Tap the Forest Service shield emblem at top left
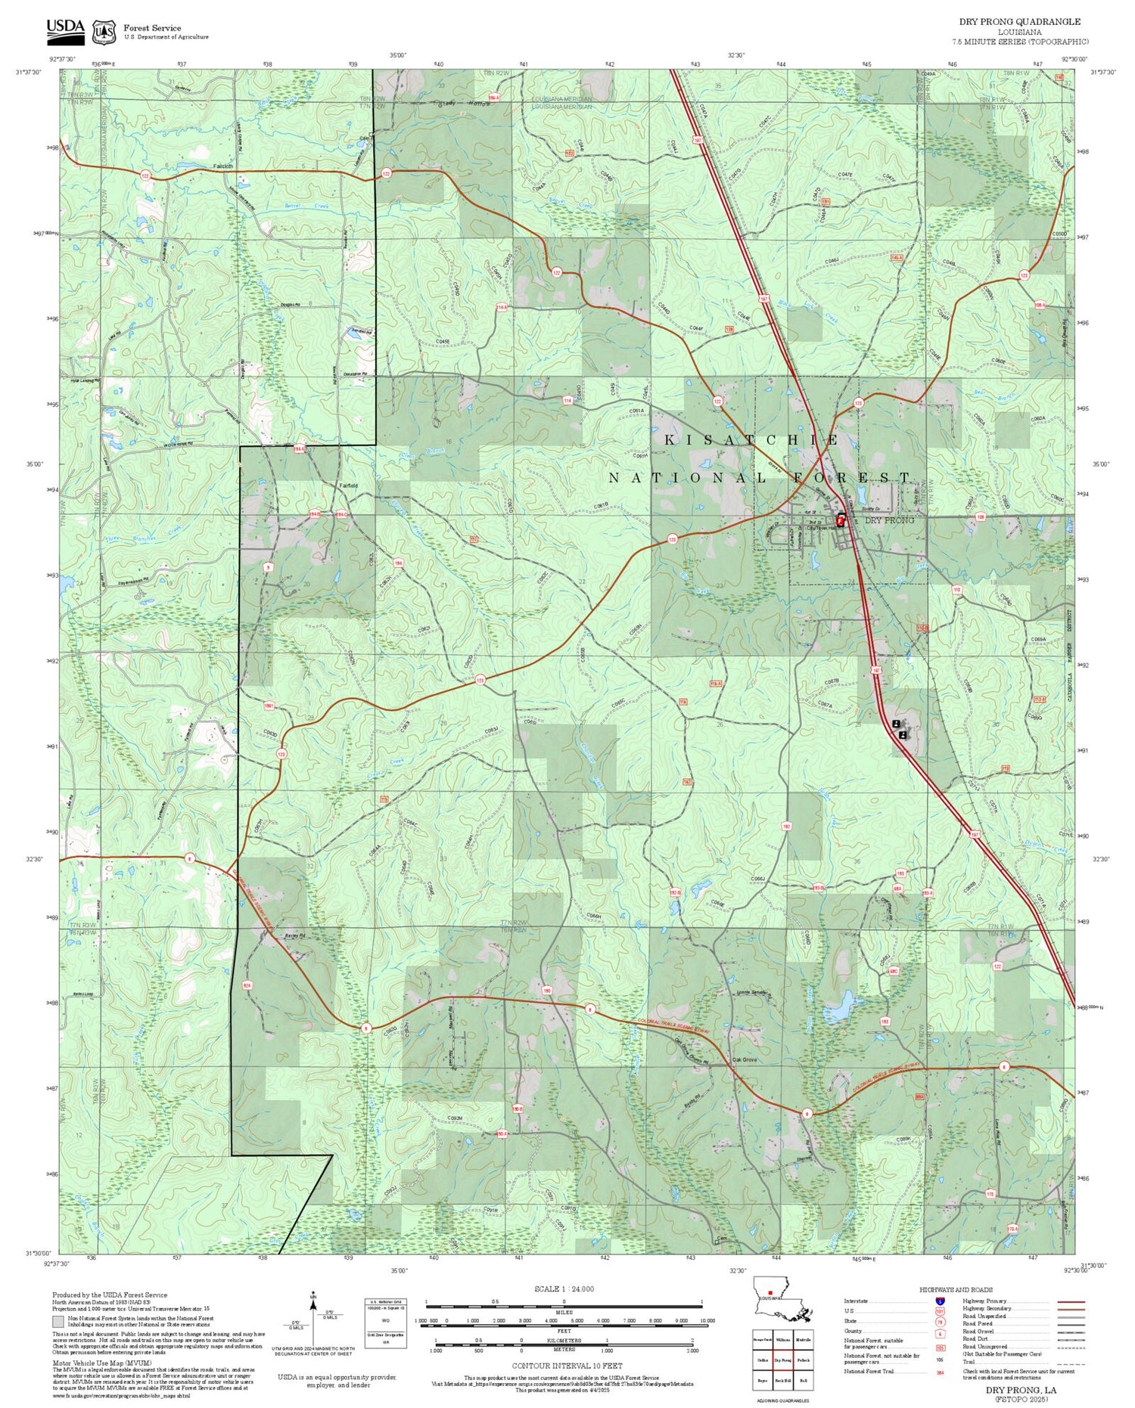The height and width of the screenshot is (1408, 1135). (104, 32)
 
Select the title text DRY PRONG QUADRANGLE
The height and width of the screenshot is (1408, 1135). (1019, 22)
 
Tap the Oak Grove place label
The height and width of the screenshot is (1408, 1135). (744, 1059)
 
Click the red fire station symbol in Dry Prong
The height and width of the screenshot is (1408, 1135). (841, 520)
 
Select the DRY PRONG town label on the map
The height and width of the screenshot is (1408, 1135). (889, 520)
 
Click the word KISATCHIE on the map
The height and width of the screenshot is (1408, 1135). (751, 439)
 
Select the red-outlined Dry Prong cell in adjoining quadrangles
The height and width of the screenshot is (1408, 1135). (782, 1359)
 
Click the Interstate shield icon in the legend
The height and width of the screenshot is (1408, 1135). (940, 1301)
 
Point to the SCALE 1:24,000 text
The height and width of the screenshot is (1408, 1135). (564, 1289)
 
